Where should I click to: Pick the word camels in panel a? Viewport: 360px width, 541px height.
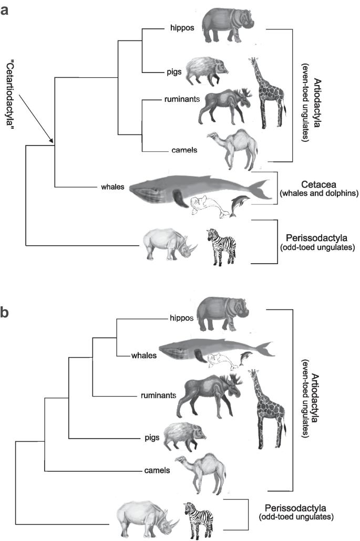[184, 150]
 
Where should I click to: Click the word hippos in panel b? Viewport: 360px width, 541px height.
[167, 318]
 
